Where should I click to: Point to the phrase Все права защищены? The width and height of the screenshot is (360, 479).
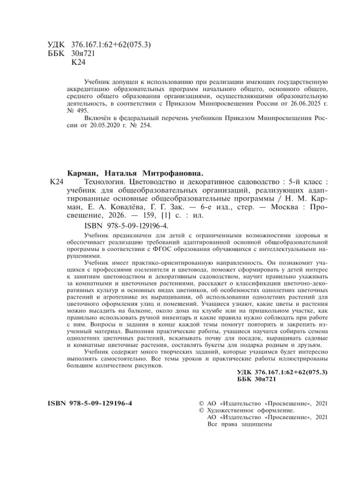tap(238, 424)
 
